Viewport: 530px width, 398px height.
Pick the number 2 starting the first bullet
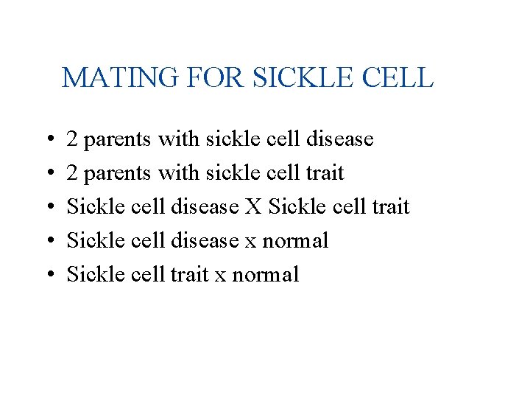[x=73, y=139]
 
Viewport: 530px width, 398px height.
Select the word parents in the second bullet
[x=119, y=172]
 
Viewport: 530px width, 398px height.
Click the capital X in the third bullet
[x=253, y=207]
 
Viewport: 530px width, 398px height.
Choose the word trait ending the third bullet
[x=389, y=207]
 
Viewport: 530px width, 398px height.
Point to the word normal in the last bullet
[x=266, y=275]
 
